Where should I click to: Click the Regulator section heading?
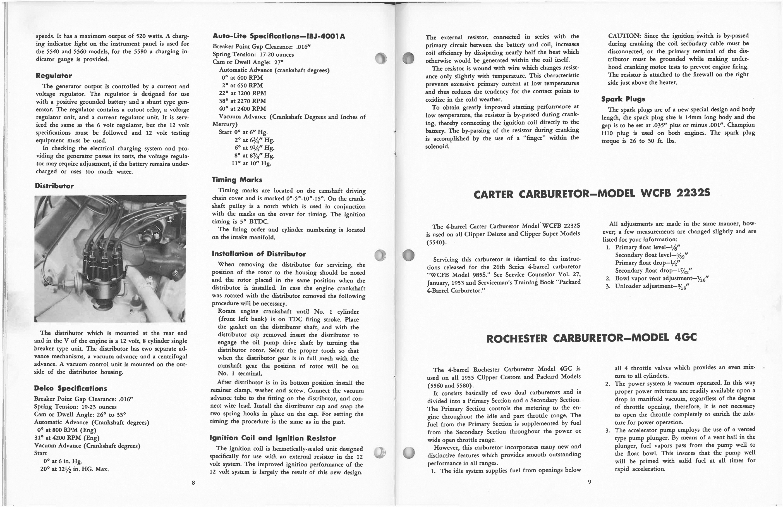click(x=54, y=76)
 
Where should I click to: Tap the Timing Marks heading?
click(x=237, y=180)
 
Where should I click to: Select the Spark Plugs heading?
click(x=623, y=99)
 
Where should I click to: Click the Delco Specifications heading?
click(x=70, y=388)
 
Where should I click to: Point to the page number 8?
click(x=193, y=483)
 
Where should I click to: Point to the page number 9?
click(x=589, y=482)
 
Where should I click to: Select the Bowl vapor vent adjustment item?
click(x=661, y=279)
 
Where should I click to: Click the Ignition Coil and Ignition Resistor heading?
click(x=273, y=438)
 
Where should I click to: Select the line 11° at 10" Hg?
click(x=251, y=164)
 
